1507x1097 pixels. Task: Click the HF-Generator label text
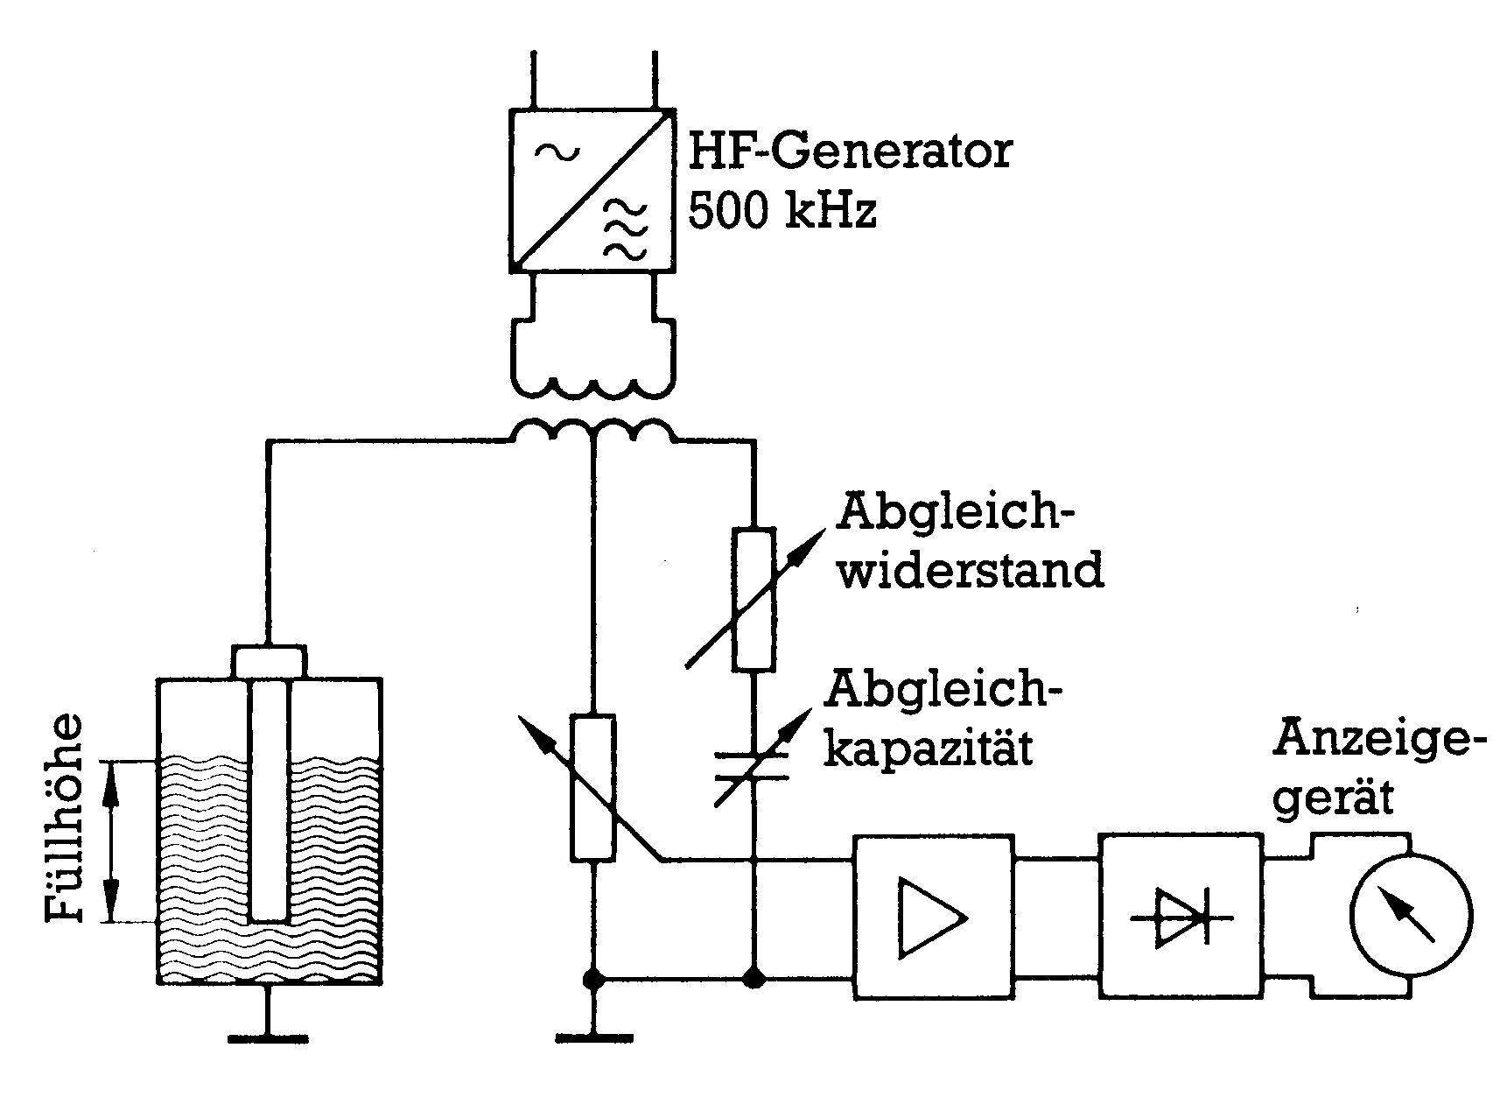click(x=850, y=151)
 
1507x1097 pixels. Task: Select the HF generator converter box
click(x=592, y=188)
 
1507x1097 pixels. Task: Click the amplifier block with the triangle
click(x=935, y=916)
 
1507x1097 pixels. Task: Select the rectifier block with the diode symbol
click(x=1181, y=916)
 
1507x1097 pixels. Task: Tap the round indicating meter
click(x=1410, y=915)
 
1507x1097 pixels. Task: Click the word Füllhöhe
click(x=66, y=818)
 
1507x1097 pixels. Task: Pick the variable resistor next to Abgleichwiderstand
click(x=753, y=599)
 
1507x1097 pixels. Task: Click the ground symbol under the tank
click(x=268, y=1038)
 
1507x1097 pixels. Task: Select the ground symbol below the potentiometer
click(x=593, y=1038)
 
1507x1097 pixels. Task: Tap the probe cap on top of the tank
click(x=269, y=660)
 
